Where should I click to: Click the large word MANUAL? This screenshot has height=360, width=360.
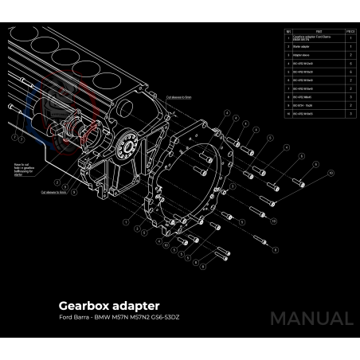click(x=311, y=319)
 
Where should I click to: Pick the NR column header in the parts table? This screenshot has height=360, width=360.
click(x=288, y=32)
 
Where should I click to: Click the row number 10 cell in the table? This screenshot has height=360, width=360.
click(x=288, y=114)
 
